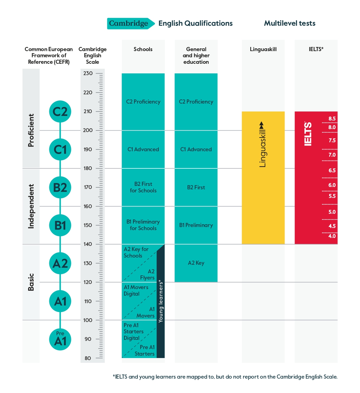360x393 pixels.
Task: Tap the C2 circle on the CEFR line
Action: pos(60,111)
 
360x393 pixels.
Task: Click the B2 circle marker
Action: pos(60,187)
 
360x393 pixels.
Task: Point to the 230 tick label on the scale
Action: pos(88,73)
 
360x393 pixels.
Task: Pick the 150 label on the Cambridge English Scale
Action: pos(88,225)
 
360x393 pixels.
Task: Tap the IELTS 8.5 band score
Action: pos(332,119)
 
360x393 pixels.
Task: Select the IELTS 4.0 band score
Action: pos(332,236)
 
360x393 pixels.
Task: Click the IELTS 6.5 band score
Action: pos(332,170)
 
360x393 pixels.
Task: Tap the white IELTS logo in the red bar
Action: pos(308,134)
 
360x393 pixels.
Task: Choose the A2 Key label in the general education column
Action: pos(196,263)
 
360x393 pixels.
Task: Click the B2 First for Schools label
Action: pos(143,187)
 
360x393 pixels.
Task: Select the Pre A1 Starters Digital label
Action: pos(134,332)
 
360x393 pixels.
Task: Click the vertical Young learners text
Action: pos(160,301)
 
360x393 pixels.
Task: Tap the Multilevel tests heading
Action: pos(289,23)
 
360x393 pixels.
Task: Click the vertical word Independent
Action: pos(31,206)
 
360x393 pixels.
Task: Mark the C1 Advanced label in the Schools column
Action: pos(143,150)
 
